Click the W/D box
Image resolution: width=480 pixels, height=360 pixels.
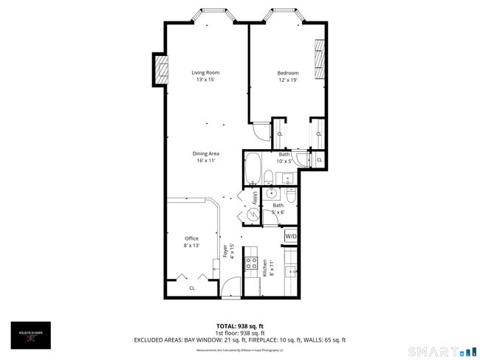click(291, 236)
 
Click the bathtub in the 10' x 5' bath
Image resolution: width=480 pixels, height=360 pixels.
click(252, 168)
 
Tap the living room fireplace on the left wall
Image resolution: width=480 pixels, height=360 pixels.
click(160, 69)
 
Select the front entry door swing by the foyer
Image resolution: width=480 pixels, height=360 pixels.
click(230, 288)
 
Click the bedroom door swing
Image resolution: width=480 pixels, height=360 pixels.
click(261, 131)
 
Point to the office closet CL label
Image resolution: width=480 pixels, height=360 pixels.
click(191, 288)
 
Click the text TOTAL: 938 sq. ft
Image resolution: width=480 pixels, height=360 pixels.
click(239, 325)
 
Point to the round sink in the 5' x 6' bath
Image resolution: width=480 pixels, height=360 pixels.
click(272, 193)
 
